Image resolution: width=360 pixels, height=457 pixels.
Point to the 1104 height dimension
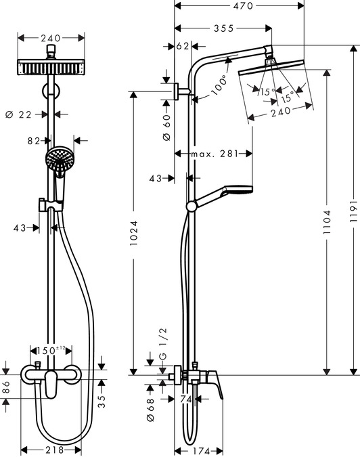tap(328, 221)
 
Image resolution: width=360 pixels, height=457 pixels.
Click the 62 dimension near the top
tap(181, 47)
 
